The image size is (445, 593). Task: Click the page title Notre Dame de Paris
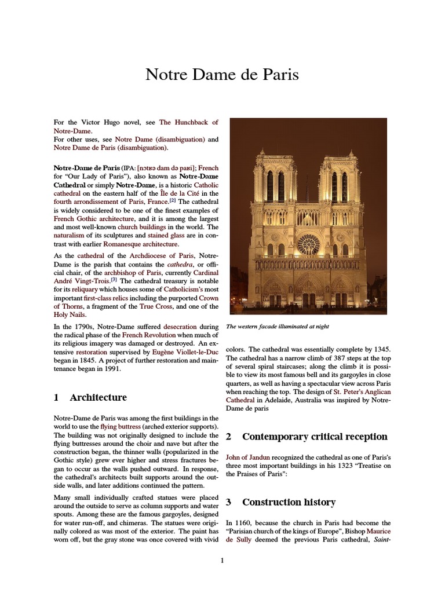click(222, 75)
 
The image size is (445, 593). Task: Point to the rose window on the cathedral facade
click(307, 244)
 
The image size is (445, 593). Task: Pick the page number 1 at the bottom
click(222, 561)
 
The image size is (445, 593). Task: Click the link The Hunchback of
click(188, 123)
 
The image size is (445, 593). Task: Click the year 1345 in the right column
click(381, 350)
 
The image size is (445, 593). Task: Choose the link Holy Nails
click(70, 315)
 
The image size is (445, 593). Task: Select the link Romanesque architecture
click(142, 245)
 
